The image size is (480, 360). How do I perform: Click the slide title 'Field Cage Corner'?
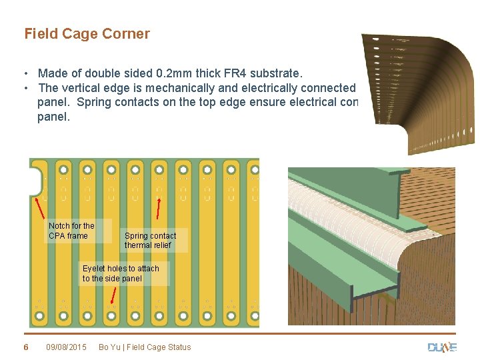point(87,34)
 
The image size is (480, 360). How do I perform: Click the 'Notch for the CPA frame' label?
point(71,231)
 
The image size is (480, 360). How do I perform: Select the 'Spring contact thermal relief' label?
point(150,241)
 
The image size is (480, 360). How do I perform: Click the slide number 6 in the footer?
point(26,347)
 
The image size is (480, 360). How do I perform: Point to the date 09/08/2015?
point(66,347)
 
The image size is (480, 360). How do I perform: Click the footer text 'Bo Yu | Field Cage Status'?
point(145,347)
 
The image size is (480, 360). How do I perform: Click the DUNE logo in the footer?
point(441,347)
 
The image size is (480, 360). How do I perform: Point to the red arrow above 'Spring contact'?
point(158,207)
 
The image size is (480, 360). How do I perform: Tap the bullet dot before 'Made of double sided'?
point(25,73)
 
